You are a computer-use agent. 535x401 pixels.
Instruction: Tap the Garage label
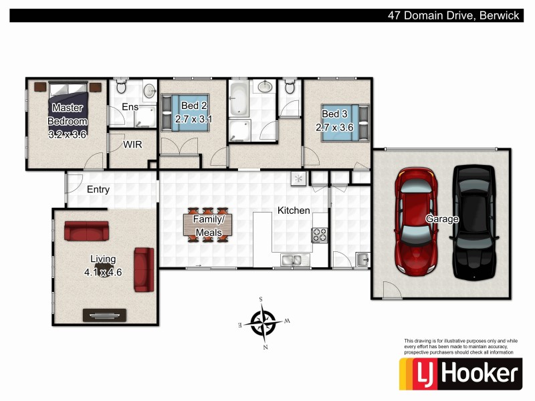point(443,219)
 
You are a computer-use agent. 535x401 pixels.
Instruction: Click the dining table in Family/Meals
point(208,225)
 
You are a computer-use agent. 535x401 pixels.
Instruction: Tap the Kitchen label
point(294,211)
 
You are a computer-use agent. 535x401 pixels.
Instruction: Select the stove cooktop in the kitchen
point(319,235)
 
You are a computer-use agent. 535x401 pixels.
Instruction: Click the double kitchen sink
point(292,260)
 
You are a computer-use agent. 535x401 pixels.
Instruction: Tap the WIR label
point(131,144)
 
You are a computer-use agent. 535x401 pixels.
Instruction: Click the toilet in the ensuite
point(121,87)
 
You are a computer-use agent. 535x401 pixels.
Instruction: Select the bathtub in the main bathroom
point(239,101)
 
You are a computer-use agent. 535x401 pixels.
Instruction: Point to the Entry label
point(98,190)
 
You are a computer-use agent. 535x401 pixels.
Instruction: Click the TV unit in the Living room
point(104,314)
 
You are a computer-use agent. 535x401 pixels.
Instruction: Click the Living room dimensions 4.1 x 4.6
point(103,272)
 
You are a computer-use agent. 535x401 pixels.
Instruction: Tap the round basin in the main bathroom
point(265,86)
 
